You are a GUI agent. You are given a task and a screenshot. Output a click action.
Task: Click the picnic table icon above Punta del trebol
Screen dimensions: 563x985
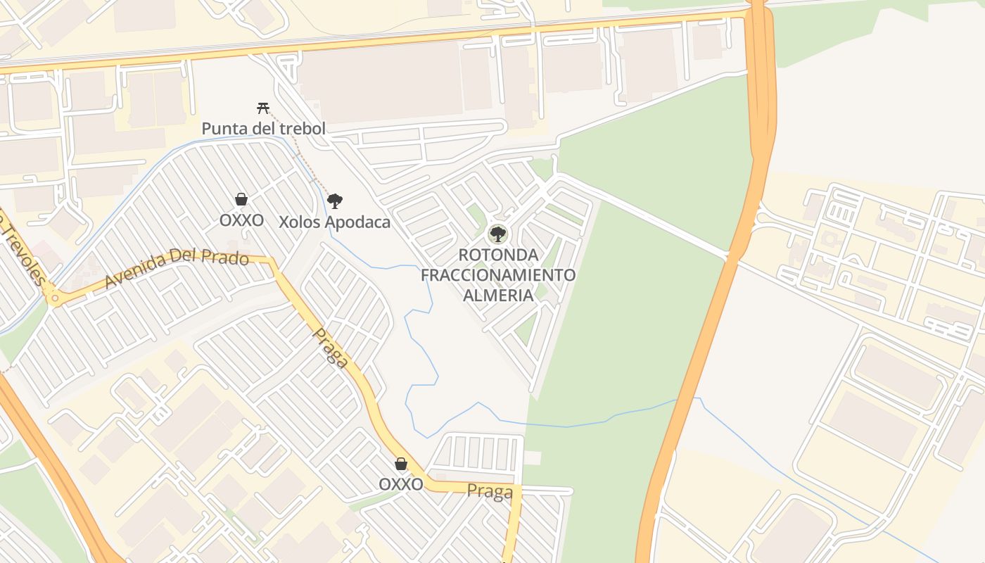[x=263, y=108]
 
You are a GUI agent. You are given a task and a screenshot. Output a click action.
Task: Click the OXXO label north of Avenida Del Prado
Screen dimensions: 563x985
[x=241, y=220]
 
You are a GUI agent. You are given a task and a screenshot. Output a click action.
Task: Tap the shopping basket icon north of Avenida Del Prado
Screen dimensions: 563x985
[x=241, y=199]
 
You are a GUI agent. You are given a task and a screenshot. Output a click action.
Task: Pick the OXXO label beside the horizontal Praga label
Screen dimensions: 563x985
[x=401, y=484]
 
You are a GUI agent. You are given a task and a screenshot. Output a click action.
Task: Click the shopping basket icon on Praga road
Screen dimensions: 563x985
[x=401, y=464]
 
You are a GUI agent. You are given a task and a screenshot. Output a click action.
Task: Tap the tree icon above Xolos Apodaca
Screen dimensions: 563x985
[x=335, y=201]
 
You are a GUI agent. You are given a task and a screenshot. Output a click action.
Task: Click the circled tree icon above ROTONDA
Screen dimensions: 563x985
[x=498, y=234]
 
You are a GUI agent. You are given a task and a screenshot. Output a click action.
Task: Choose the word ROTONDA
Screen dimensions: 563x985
[x=498, y=255]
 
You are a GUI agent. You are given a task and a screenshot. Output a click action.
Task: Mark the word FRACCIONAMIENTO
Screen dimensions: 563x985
[x=498, y=274]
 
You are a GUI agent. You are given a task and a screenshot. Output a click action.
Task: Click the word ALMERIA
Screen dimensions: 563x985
[x=498, y=294]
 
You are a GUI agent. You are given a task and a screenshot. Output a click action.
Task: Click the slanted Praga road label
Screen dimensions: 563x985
[x=331, y=348]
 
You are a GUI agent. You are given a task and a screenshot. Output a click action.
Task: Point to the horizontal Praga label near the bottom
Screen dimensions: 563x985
[x=490, y=491]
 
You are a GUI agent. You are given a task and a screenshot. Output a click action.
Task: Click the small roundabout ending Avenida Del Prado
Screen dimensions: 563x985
[x=54, y=299]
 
